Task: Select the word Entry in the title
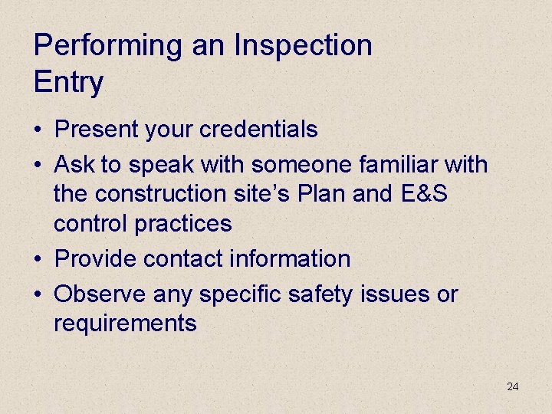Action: pos(68,83)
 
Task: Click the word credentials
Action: pos(258,130)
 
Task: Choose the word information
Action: pos(289,259)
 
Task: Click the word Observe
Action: pos(100,294)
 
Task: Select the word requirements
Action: pos(125,324)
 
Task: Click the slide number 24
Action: pos(513,386)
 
